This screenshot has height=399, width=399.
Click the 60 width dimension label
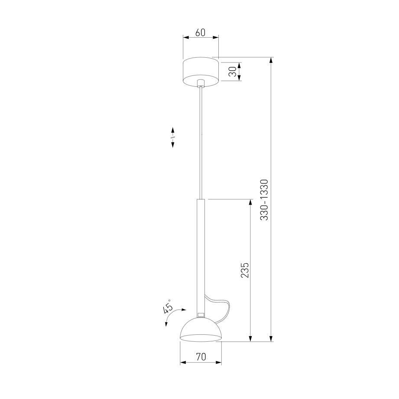(200, 33)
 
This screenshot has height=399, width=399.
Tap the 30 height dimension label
(233, 72)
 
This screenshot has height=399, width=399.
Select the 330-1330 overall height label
(264, 200)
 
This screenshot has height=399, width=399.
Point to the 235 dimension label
(244, 270)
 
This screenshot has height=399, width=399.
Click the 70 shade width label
(201, 357)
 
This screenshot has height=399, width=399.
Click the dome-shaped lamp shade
(201, 330)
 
